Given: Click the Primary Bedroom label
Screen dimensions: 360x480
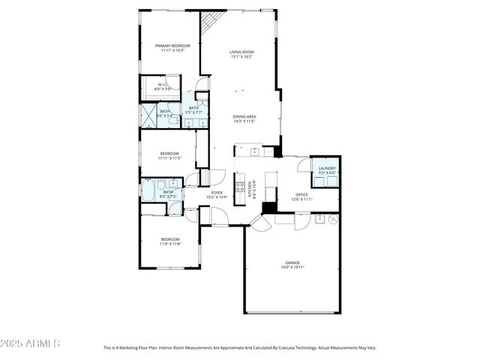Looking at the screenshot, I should coord(172,46).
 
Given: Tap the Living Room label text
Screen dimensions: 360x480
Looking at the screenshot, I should coord(241,52).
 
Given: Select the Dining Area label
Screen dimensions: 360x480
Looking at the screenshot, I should coord(244,116).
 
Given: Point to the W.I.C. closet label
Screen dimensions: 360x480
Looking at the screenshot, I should coord(163,85).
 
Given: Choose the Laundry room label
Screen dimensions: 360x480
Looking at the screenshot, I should coord(327,169).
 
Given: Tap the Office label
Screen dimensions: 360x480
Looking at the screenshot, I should coord(301,194).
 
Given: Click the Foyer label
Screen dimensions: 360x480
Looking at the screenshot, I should coord(217,193).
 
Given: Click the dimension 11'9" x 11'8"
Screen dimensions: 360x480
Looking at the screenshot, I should coord(169,244).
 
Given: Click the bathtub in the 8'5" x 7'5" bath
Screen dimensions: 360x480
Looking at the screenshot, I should coord(148,191).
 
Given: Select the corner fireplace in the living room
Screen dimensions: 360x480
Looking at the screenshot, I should coord(212,20).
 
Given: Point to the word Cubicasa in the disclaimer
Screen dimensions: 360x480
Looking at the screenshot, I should coord(285,348).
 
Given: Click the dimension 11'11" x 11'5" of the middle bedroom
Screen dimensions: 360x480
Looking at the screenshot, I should coord(169,158).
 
